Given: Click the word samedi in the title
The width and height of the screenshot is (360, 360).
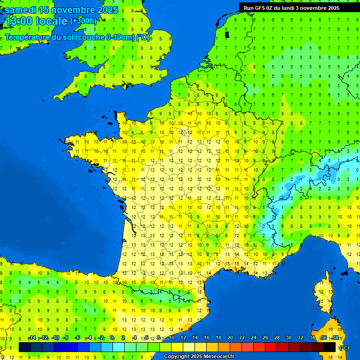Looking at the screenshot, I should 21,10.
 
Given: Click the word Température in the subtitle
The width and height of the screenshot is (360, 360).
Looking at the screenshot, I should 27,37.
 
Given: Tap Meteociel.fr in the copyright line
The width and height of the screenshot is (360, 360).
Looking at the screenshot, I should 218,357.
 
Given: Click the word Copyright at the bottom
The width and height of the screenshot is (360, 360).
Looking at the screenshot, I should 176,357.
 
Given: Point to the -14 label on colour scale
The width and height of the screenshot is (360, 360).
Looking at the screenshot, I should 32,338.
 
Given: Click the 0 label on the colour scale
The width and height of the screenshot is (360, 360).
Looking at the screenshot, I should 112,338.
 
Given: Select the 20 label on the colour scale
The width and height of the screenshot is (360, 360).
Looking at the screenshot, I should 230,338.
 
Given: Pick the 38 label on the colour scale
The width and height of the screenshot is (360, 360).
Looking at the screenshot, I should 335,338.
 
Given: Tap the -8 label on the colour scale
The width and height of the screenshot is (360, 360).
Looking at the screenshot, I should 66,338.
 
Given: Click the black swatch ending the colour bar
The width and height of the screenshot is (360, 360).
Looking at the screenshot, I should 330,347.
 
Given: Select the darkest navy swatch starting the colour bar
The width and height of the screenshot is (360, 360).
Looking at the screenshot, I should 25,347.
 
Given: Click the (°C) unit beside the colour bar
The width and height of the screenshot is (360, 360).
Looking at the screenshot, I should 344,348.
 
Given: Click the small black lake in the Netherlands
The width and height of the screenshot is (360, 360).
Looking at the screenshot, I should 227,34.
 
